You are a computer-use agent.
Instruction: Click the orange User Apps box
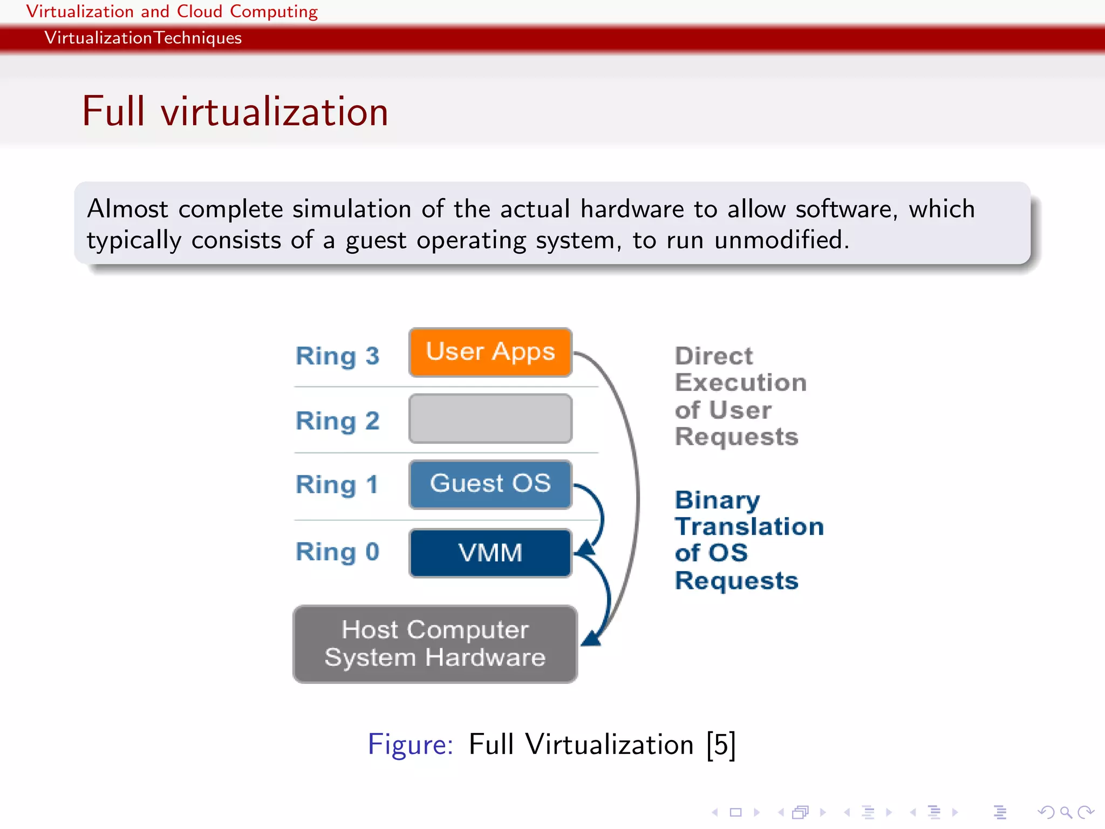(490, 352)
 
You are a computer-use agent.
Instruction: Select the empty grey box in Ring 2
(490, 419)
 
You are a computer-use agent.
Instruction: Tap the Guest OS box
(490, 484)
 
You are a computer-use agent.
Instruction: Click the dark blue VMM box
(490, 553)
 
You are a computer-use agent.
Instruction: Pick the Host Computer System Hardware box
(435, 644)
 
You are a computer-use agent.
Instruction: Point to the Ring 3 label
(337, 356)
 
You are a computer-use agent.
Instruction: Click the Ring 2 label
(337, 421)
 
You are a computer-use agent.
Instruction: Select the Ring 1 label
(337, 485)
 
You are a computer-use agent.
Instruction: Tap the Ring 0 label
(337, 552)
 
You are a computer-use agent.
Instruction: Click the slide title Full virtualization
(235, 112)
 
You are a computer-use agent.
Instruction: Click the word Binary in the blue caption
(717, 500)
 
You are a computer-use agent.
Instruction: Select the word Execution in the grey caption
(741, 383)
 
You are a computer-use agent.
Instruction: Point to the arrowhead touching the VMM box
(585, 549)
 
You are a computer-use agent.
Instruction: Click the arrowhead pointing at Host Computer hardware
(591, 638)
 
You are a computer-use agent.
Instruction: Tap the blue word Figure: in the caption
(411, 745)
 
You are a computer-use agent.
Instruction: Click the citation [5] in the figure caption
(721, 745)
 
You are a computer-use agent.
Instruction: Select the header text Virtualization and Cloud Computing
(172, 11)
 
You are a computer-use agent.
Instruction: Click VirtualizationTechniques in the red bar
(143, 38)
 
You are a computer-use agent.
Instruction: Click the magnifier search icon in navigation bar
(1065, 812)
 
